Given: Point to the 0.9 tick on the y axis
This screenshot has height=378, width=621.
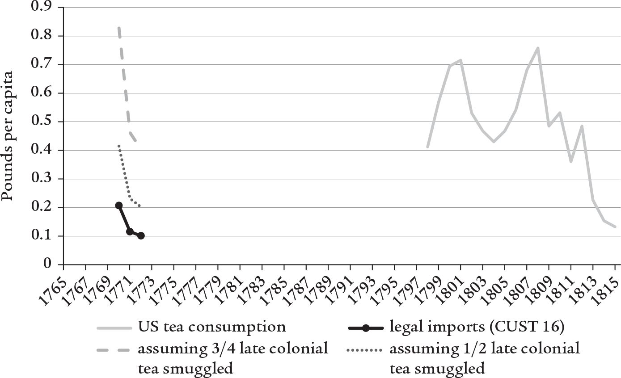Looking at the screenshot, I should click(x=41, y=8).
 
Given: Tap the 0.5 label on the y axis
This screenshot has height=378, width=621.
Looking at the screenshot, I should click(x=41, y=122).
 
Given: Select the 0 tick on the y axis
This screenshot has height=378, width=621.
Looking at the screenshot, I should click(x=46, y=265).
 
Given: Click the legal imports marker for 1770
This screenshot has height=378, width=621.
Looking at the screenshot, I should click(x=119, y=206).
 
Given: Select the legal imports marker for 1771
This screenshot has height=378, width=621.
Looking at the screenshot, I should click(x=130, y=231).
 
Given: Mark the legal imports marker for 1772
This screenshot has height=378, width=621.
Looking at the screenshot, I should click(x=141, y=235).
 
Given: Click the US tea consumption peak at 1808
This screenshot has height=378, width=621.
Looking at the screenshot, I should click(x=538, y=48).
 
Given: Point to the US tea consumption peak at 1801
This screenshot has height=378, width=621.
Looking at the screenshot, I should click(x=460, y=60).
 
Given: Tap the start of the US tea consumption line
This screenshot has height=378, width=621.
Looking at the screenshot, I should click(x=427, y=147).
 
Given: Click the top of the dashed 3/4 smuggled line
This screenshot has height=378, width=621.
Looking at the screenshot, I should click(x=119, y=28).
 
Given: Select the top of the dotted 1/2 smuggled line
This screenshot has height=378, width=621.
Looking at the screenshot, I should click(x=119, y=146).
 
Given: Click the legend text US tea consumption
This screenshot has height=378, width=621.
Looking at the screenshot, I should click(x=212, y=327).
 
